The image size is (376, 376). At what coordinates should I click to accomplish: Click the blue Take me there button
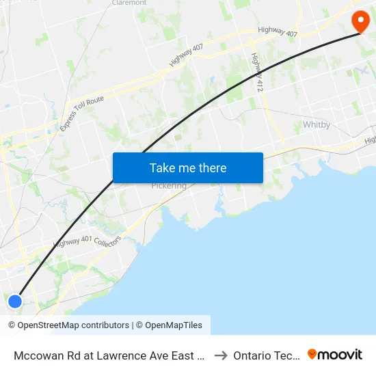click(x=188, y=167)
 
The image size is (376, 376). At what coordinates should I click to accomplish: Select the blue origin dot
click(x=14, y=301)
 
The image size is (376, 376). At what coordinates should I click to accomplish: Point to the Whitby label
click(x=317, y=125)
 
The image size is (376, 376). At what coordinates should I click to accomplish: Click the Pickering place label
click(x=169, y=186)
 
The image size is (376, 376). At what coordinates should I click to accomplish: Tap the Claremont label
click(x=129, y=3)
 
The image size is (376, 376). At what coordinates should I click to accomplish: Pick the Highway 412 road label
click(x=256, y=72)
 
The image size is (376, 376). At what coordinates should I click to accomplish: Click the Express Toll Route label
click(x=81, y=113)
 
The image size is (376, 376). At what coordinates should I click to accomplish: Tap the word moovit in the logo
click(x=340, y=355)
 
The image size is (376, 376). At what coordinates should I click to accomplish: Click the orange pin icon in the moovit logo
click(x=312, y=354)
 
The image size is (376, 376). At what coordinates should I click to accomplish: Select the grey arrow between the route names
click(x=220, y=355)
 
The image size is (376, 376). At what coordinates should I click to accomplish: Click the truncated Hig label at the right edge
click(x=370, y=140)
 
